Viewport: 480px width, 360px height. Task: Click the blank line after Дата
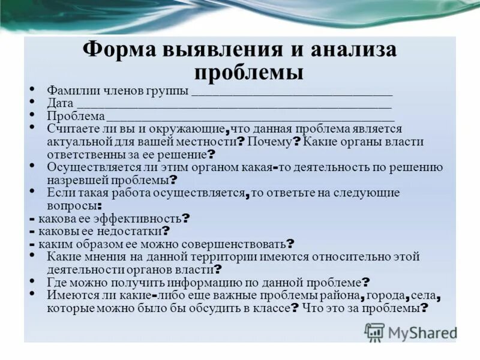coord(234,104)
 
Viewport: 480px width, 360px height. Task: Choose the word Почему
coord(268,142)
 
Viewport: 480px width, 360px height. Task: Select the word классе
coord(269,308)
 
